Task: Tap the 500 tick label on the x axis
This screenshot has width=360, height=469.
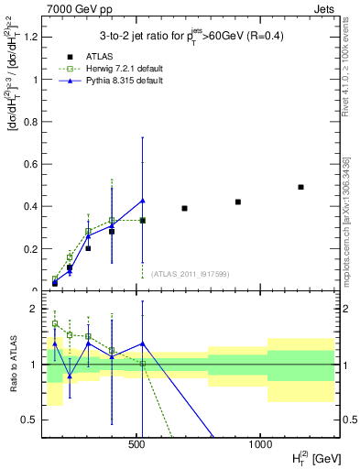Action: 137,442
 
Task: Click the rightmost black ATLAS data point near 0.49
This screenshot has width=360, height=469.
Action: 300,187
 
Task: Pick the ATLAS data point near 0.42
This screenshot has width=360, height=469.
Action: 238,202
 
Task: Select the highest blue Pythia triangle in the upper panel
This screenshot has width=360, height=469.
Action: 142,201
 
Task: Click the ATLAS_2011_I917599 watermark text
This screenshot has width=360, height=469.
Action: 190,272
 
